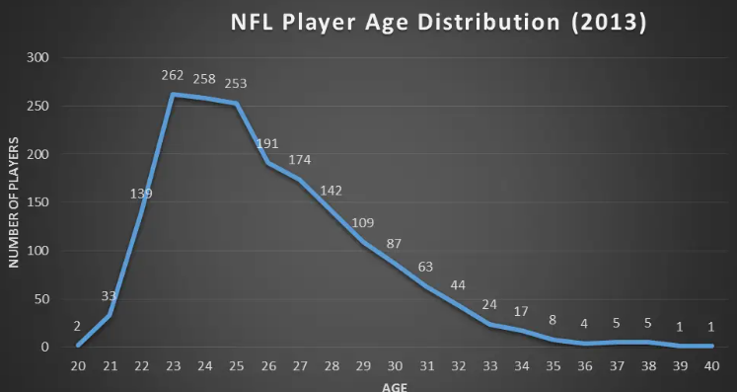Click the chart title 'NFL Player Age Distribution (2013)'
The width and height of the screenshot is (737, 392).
click(x=438, y=23)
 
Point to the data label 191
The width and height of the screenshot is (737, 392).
click(x=268, y=143)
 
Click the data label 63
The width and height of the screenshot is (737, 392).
click(x=426, y=266)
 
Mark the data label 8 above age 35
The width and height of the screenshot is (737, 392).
click(x=553, y=319)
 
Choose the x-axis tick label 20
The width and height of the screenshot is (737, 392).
click(x=79, y=365)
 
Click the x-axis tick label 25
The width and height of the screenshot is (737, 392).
click(x=237, y=365)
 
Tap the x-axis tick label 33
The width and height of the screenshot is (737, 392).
click(x=489, y=365)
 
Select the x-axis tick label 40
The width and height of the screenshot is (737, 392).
click(x=710, y=365)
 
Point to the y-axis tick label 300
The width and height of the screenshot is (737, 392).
click(x=37, y=57)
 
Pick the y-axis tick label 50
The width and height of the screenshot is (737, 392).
click(x=40, y=299)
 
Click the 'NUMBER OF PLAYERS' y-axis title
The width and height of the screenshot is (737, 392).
click(x=14, y=202)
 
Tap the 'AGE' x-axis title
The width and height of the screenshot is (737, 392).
click(x=395, y=385)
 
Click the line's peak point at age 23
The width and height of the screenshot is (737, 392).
click(x=174, y=95)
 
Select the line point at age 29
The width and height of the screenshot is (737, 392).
click(x=363, y=242)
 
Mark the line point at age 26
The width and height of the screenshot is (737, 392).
click(x=268, y=163)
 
